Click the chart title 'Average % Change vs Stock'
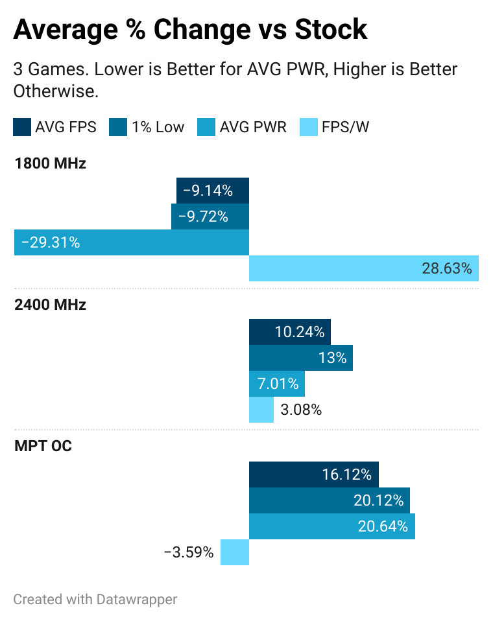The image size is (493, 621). (x=190, y=29)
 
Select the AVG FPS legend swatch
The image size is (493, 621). (x=21, y=127)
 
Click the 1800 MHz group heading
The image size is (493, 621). (x=50, y=163)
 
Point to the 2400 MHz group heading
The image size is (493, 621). (x=50, y=305)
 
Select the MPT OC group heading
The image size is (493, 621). (x=43, y=446)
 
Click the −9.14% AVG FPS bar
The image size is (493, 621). (x=213, y=191)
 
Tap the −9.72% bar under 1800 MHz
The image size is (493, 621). (x=210, y=217)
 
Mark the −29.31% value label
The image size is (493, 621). (x=51, y=242)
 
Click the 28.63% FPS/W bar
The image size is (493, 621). (x=364, y=268)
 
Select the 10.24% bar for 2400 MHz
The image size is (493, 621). (x=290, y=332)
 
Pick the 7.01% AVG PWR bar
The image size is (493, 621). (x=277, y=384)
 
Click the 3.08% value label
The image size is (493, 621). (x=301, y=410)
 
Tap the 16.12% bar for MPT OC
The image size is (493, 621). (x=314, y=475)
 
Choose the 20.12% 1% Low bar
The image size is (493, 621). (x=330, y=500)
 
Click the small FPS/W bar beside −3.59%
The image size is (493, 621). (x=235, y=552)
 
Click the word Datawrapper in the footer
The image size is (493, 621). (x=136, y=599)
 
